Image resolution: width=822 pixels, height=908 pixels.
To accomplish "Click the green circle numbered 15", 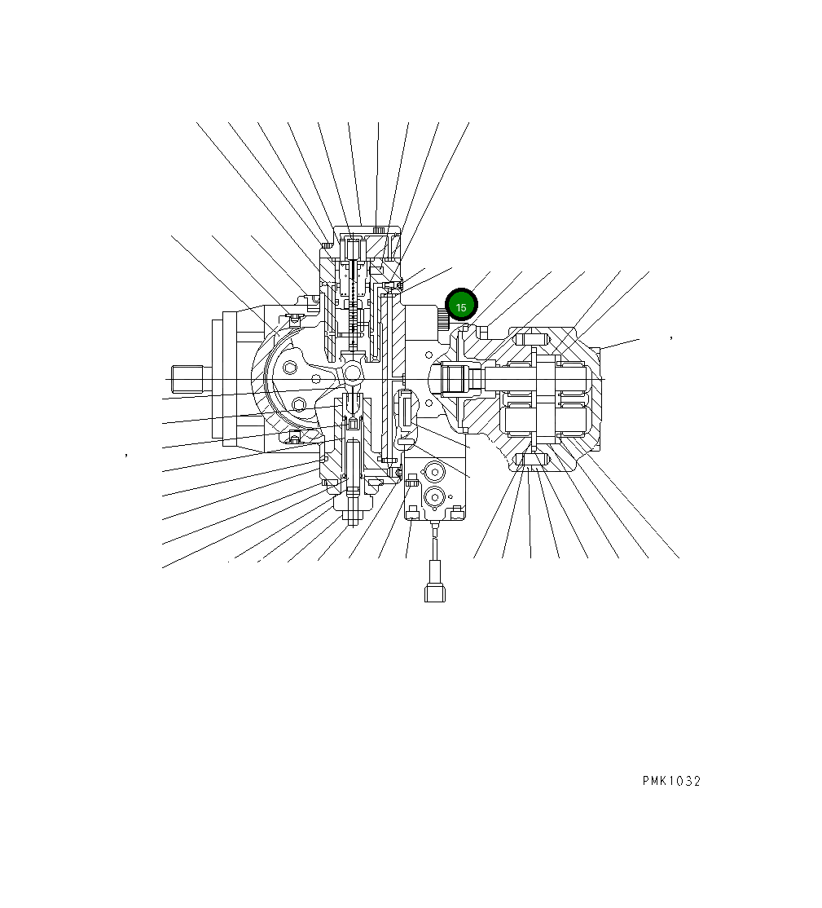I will coord(461,306).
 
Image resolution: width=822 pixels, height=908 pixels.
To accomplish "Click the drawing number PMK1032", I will coord(670,781).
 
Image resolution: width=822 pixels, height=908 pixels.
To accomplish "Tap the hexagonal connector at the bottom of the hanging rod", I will coord(435,591).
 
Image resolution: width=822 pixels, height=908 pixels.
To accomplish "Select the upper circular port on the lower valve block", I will coord(434,473).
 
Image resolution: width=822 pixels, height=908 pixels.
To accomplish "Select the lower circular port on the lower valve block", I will coord(434,496).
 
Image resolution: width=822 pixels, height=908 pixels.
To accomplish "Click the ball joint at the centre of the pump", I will coord(353,372).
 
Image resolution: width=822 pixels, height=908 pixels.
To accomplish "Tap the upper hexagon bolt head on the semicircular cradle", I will coord(291,368).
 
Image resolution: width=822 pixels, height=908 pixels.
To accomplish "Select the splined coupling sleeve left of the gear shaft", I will coord(454,379).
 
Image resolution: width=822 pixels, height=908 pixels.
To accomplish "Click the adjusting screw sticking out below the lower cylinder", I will coord(352,514).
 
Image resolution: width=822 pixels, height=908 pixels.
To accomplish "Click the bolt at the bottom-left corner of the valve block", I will coord(412,511).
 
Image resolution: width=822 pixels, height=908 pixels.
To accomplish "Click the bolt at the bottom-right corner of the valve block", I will coord(458,511).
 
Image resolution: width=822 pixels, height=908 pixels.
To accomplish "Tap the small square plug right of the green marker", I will coord(483,332).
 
